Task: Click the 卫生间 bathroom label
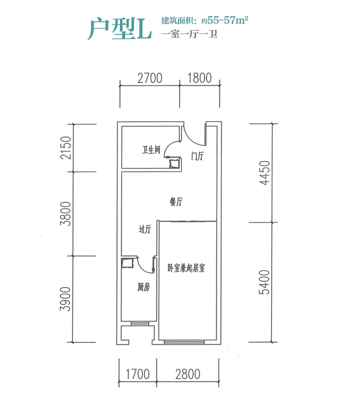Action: pyautogui.click(x=151, y=150)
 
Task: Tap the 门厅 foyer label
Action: pyautogui.click(x=198, y=156)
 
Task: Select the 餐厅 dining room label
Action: pyautogui.click(x=176, y=202)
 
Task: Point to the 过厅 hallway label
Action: pyautogui.click(x=145, y=229)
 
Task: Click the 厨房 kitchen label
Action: pyautogui.click(x=143, y=287)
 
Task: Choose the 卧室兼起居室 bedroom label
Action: pyautogui.click(x=186, y=268)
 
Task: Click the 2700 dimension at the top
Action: pyautogui.click(x=150, y=78)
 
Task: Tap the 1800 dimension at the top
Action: pyautogui.click(x=200, y=78)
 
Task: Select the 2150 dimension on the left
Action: pyautogui.click(x=65, y=148)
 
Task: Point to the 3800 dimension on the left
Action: pyautogui.click(x=65, y=214)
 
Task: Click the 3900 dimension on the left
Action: pyautogui.click(x=65, y=299)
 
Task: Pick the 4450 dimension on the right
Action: pyautogui.click(x=264, y=173)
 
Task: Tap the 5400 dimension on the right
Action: pyautogui.click(x=264, y=282)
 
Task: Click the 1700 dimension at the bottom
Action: pyautogui.click(x=138, y=374)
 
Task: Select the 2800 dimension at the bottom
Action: pyautogui.click(x=188, y=374)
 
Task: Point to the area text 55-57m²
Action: pyautogui.click(x=228, y=20)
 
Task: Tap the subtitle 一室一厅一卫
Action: pyautogui.click(x=189, y=34)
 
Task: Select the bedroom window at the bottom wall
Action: pyautogui.click(x=184, y=342)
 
